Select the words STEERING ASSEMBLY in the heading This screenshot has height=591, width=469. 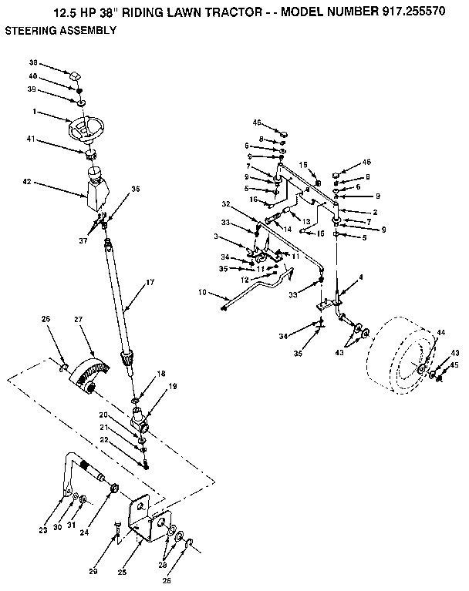pos(61,31)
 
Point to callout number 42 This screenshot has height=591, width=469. pos(27,183)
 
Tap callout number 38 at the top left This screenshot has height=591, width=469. pos(33,62)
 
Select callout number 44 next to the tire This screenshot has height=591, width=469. pos(440,332)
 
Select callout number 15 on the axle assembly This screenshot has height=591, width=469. pos(303,165)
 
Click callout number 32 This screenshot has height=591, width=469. pos(226,204)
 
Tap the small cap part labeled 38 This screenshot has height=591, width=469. pos(76,76)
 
